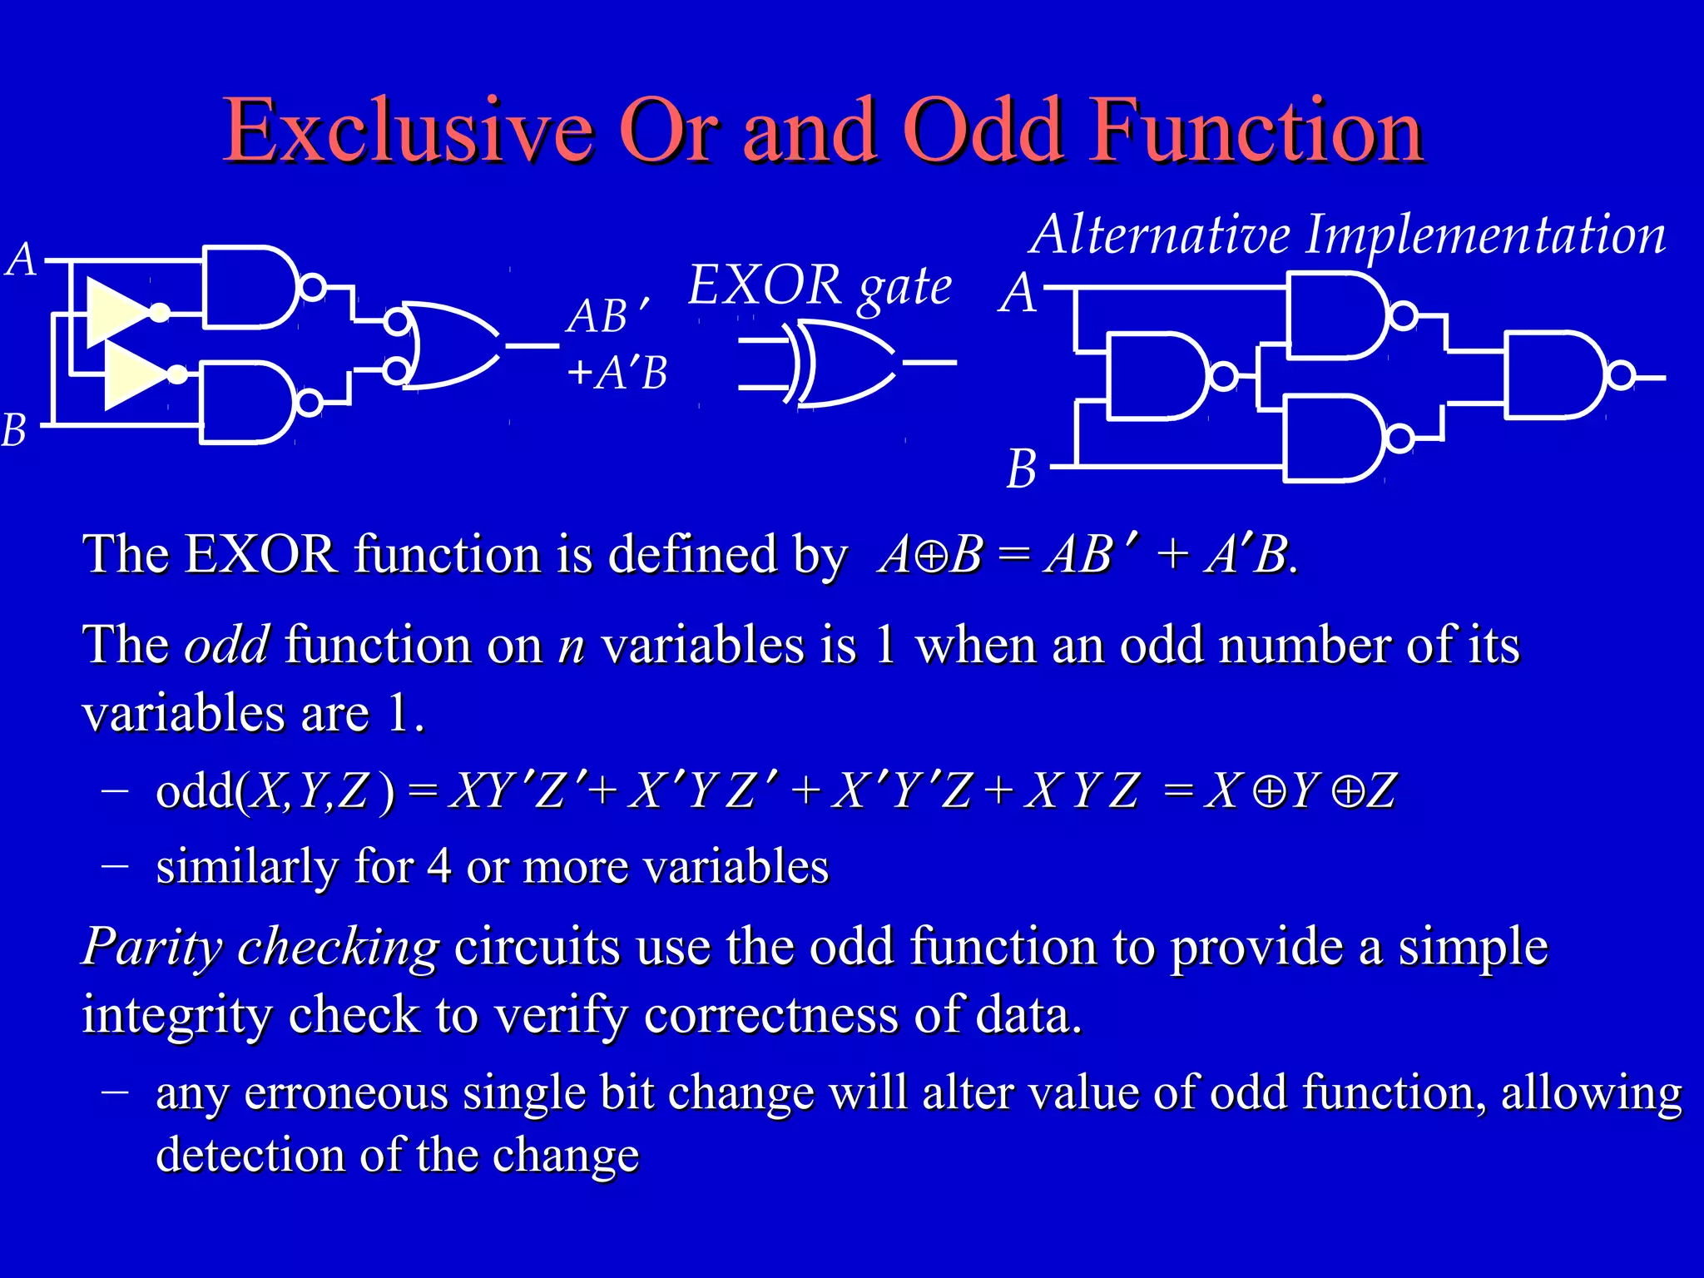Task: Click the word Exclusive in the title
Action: [408, 131]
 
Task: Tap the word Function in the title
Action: [1256, 131]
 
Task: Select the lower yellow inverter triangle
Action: [136, 375]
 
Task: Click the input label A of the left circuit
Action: [22, 260]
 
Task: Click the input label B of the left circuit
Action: [14, 430]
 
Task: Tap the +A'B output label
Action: [617, 372]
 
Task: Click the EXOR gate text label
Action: [820, 285]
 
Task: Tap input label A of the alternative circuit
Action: [1018, 293]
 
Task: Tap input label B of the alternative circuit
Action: [1022, 468]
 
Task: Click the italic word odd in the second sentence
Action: [226, 645]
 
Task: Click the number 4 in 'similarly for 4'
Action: [438, 866]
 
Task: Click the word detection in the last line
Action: [250, 1155]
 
